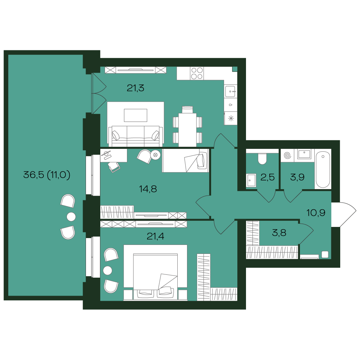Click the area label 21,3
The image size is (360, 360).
[x=136, y=87]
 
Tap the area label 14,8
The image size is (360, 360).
[x=148, y=188]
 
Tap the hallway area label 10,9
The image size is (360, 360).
[x=316, y=213]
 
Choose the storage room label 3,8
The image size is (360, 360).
[x=279, y=233]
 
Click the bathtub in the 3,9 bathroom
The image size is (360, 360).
[x=323, y=169]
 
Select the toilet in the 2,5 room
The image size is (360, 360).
[x=263, y=158]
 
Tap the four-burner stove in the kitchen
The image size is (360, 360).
[x=197, y=73]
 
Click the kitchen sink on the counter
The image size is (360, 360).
[x=230, y=92]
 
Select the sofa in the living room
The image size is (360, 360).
[x=136, y=136]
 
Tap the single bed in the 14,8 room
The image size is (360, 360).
[x=185, y=160]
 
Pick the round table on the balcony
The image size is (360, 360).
[x=71, y=217]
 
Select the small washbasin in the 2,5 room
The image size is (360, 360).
[x=251, y=180]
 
